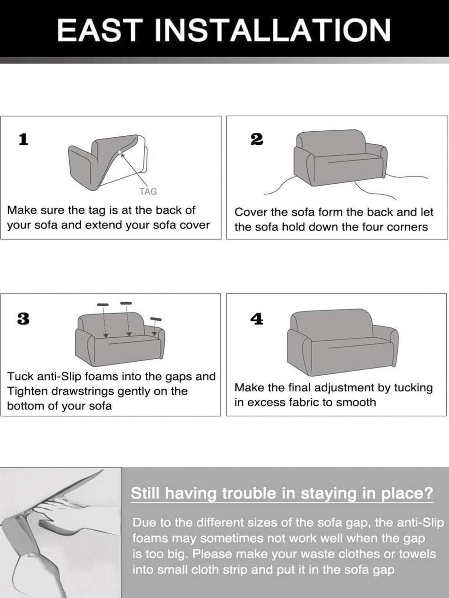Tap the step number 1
point(23,139)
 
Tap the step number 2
point(257,139)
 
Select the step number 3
point(23,319)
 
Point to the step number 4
point(257,319)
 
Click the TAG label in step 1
point(148,192)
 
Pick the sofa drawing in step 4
point(343,342)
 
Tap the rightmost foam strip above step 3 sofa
point(156,319)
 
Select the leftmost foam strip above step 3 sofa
point(103,305)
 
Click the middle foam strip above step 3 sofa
point(126,303)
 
